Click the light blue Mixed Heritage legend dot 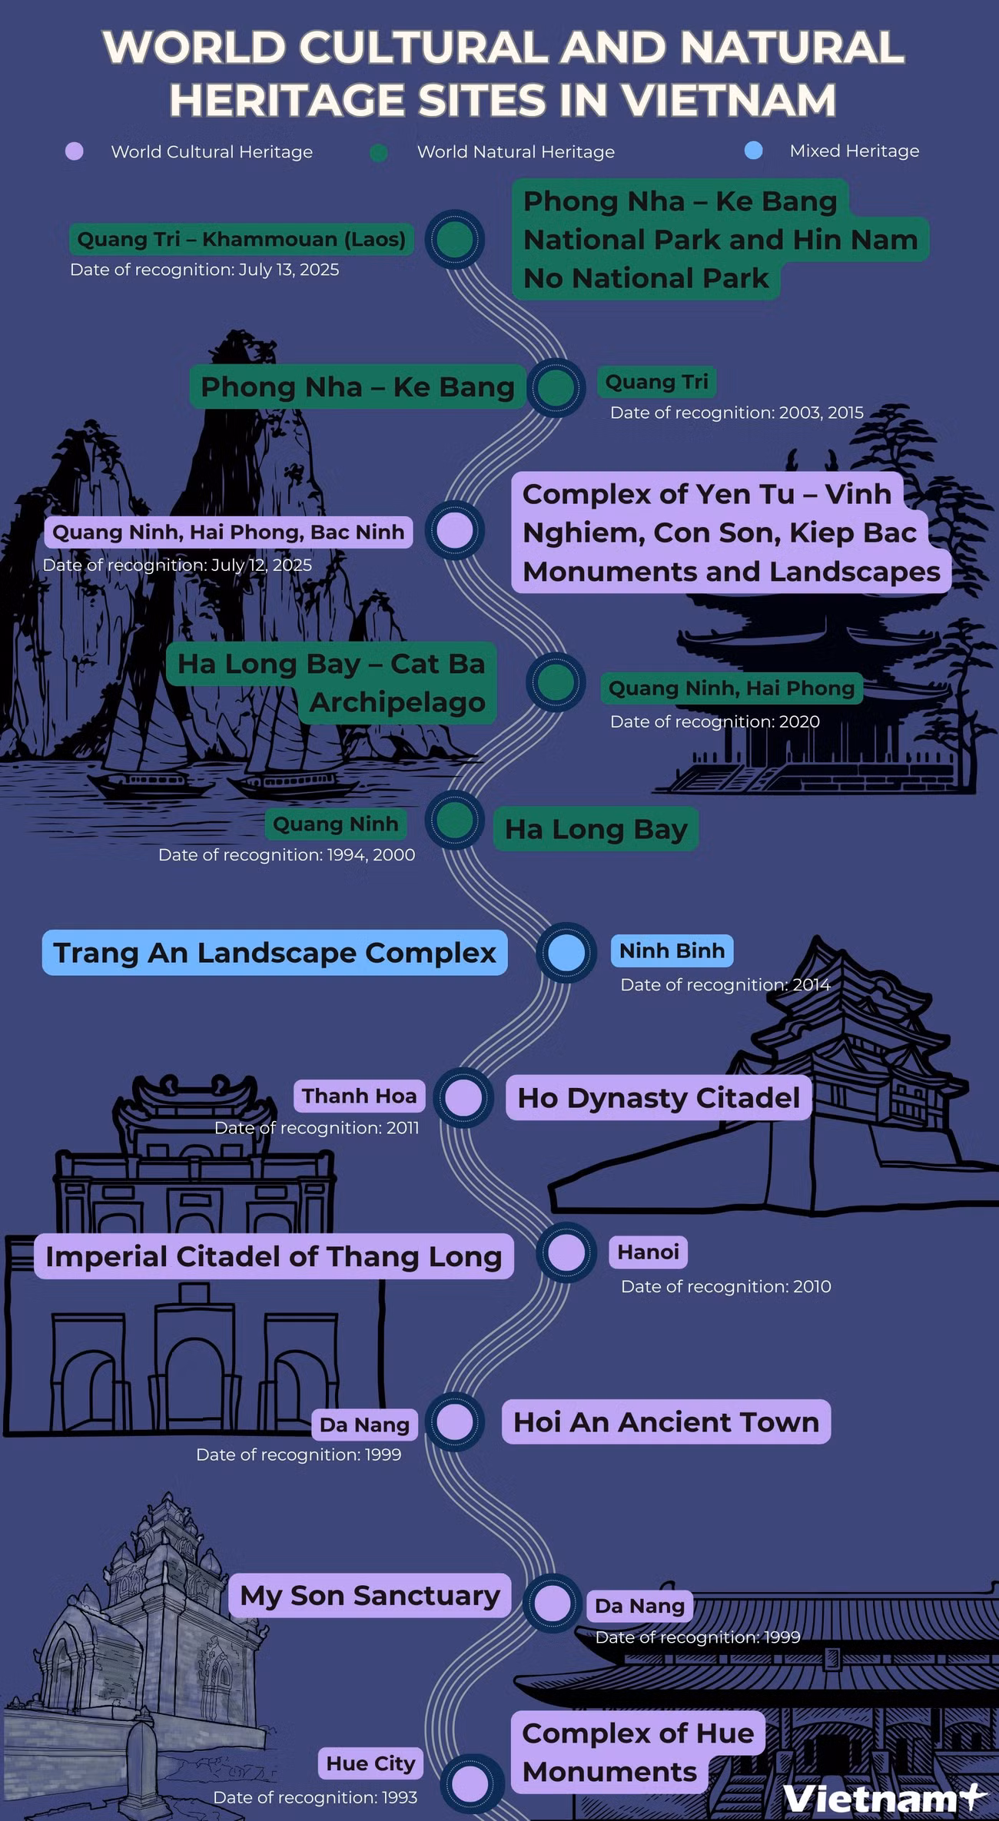pyautogui.click(x=754, y=151)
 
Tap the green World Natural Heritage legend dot pyautogui.click(x=379, y=152)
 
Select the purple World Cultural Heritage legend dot pyautogui.click(x=75, y=151)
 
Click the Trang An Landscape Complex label pyautogui.click(x=274, y=953)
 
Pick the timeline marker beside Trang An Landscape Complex pyautogui.click(x=566, y=953)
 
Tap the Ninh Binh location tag pyautogui.click(x=672, y=950)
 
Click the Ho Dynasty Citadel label pyautogui.click(x=659, y=1097)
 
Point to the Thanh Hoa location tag pyautogui.click(x=359, y=1096)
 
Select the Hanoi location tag pyautogui.click(x=648, y=1252)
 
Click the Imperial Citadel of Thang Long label pyautogui.click(x=274, y=1256)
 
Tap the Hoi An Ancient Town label pyautogui.click(x=666, y=1421)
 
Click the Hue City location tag pyautogui.click(x=370, y=1763)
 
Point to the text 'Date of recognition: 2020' pyautogui.click(x=715, y=721)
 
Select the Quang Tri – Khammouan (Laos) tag pyautogui.click(x=241, y=239)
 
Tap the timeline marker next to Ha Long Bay pyautogui.click(x=455, y=820)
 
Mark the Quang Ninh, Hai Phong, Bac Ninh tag pyautogui.click(x=228, y=532)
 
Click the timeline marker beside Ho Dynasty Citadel pyautogui.click(x=463, y=1097)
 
